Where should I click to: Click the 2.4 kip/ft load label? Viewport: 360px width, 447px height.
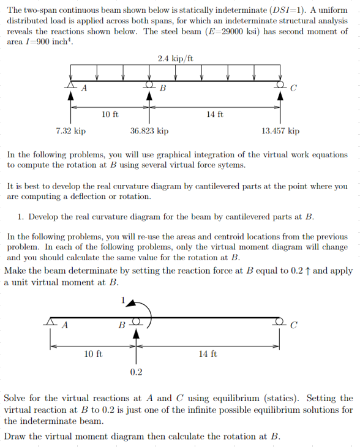(175, 59)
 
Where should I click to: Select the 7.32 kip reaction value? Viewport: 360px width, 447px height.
(71, 131)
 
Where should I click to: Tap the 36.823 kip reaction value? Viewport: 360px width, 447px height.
(149, 131)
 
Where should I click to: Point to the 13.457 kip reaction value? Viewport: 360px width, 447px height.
(280, 131)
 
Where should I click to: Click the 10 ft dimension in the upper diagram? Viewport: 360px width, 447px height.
(110, 114)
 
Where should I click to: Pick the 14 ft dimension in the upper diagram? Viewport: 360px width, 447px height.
(215, 114)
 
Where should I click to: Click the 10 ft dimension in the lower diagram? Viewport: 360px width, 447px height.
(92, 354)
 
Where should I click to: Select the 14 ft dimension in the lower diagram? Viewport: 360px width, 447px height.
(208, 354)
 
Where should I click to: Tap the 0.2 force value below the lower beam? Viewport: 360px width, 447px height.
(137, 372)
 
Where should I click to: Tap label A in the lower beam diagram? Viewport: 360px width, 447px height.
(64, 325)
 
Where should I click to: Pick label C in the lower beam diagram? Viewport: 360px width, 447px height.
(293, 325)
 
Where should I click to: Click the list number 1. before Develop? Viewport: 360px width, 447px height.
(21, 217)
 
